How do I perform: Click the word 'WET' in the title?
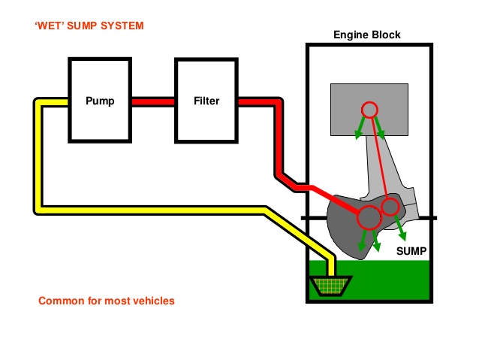(x=53, y=26)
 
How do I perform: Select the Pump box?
(x=99, y=100)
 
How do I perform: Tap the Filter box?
(x=206, y=100)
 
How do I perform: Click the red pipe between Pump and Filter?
(x=153, y=100)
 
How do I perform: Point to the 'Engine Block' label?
(x=367, y=35)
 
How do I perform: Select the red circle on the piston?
(x=369, y=110)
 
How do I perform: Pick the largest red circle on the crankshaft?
(x=368, y=218)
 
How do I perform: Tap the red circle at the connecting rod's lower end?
(x=390, y=206)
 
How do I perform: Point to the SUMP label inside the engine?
(x=411, y=251)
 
